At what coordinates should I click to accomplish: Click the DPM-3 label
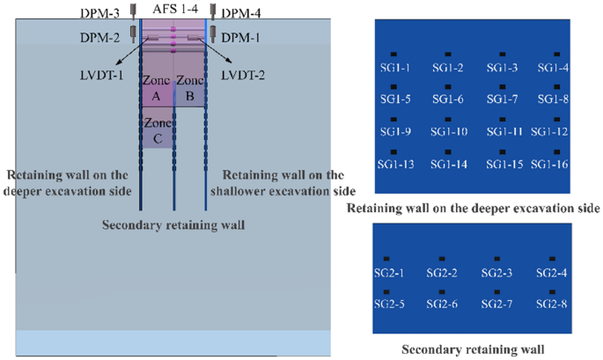point(107,11)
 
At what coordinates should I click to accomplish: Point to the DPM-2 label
point(107,37)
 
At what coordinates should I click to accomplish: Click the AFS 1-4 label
point(174,10)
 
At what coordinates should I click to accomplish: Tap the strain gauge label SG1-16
point(553,164)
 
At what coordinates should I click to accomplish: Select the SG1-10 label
point(448,132)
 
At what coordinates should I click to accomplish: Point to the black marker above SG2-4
point(552,259)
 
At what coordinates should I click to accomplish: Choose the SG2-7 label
point(498,304)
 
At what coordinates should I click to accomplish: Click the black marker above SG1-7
point(501,86)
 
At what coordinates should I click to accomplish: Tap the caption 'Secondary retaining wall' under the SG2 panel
point(473,349)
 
